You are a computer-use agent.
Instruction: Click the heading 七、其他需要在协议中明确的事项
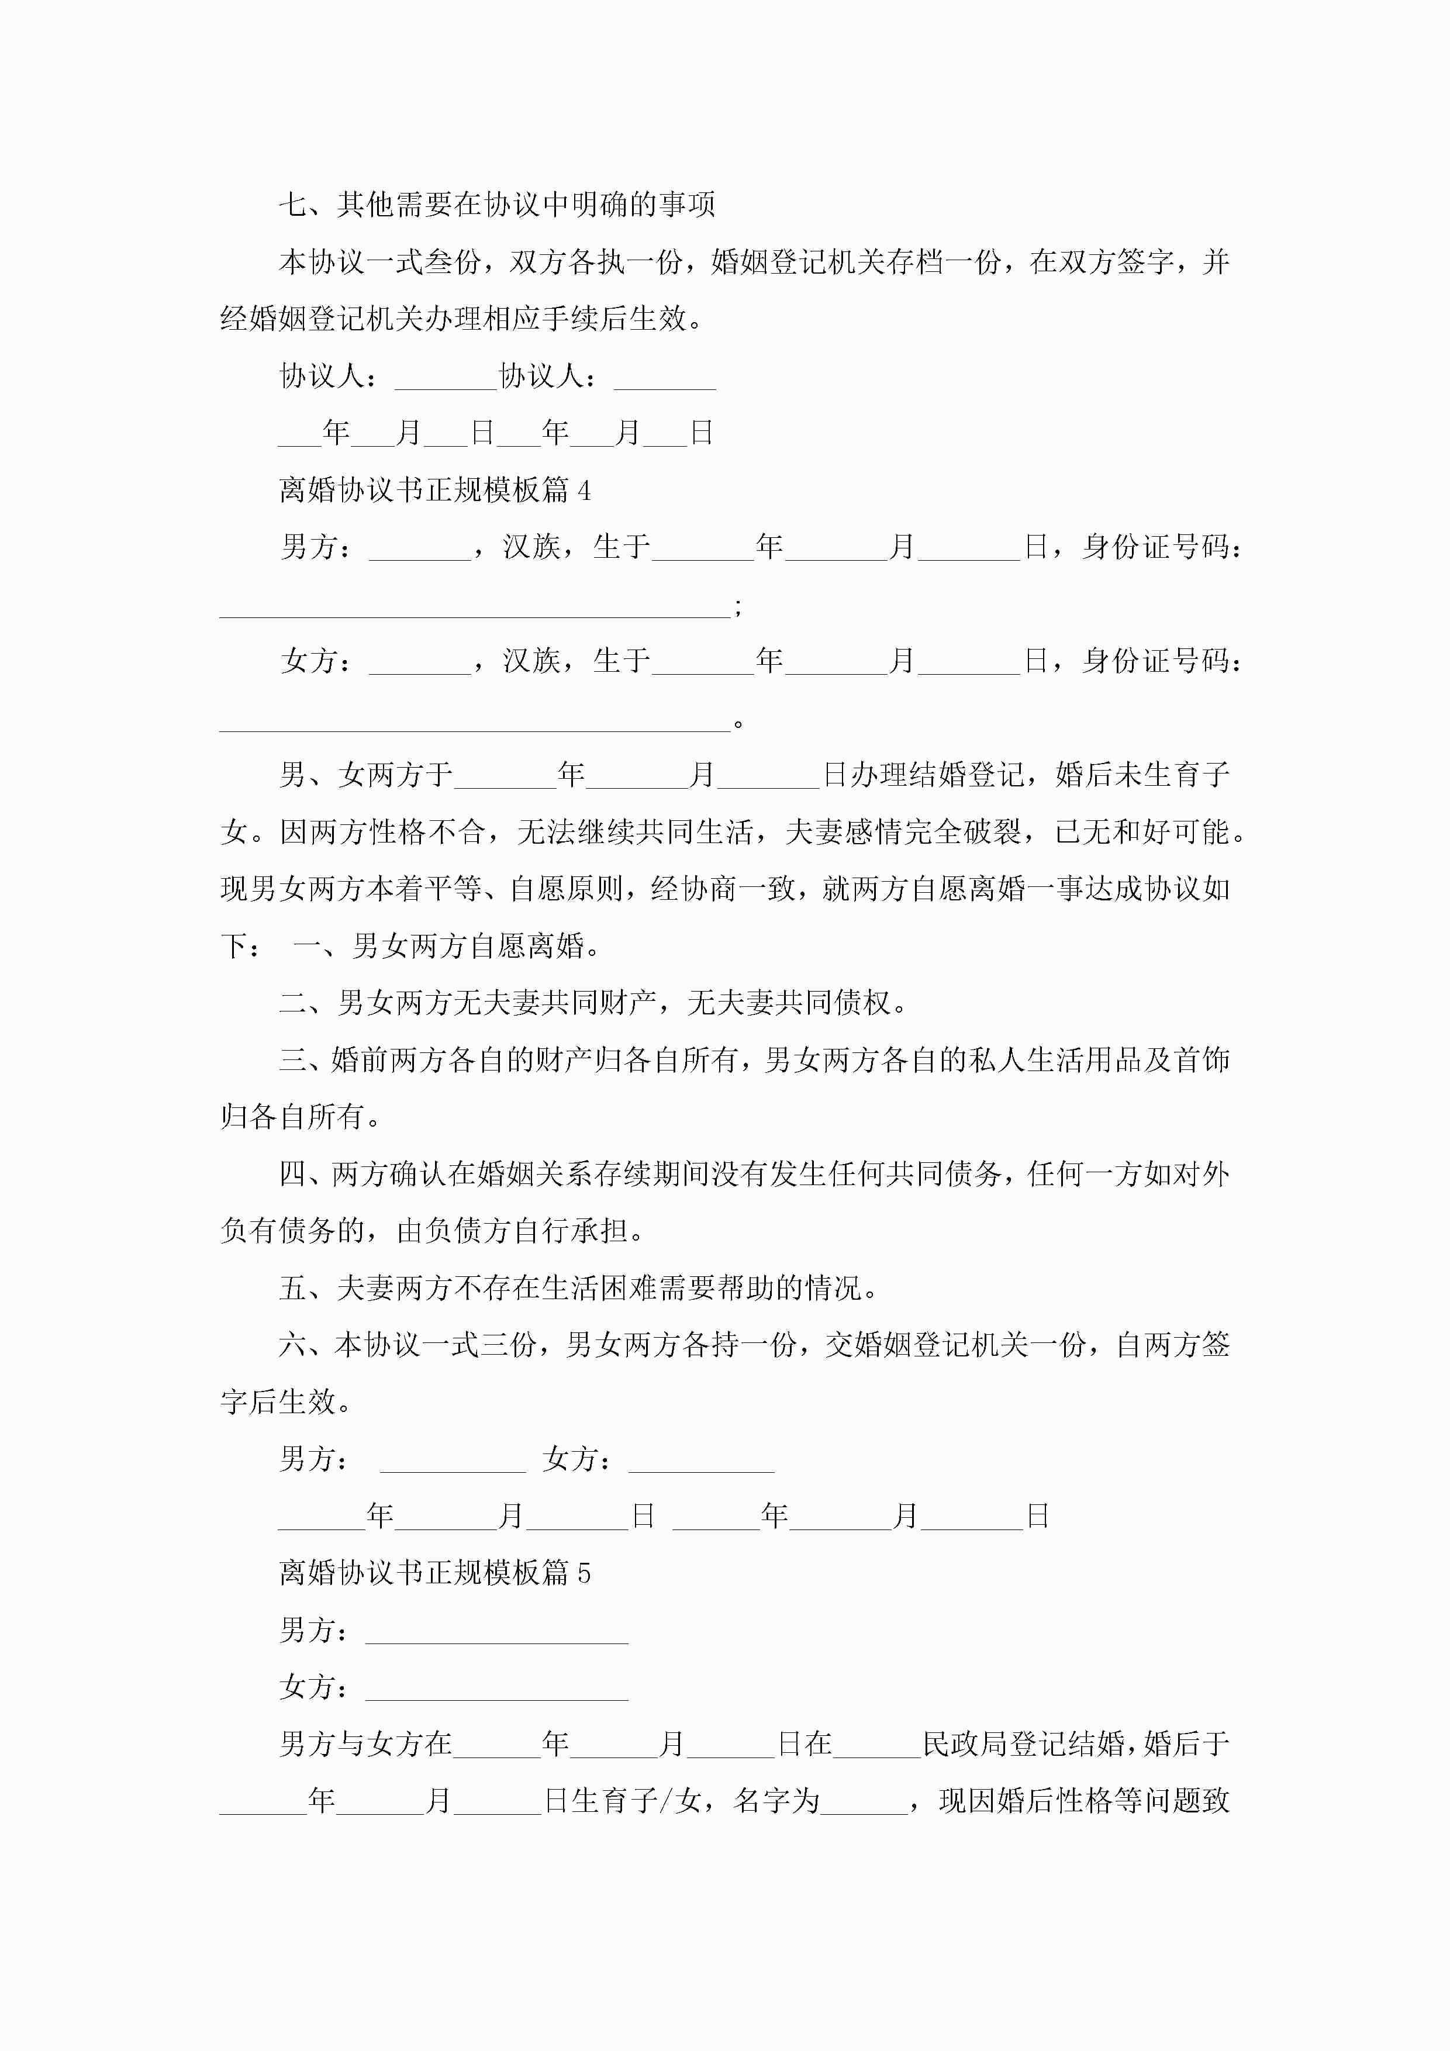[x=497, y=205]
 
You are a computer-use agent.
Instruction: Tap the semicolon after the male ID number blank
[x=737, y=607]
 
